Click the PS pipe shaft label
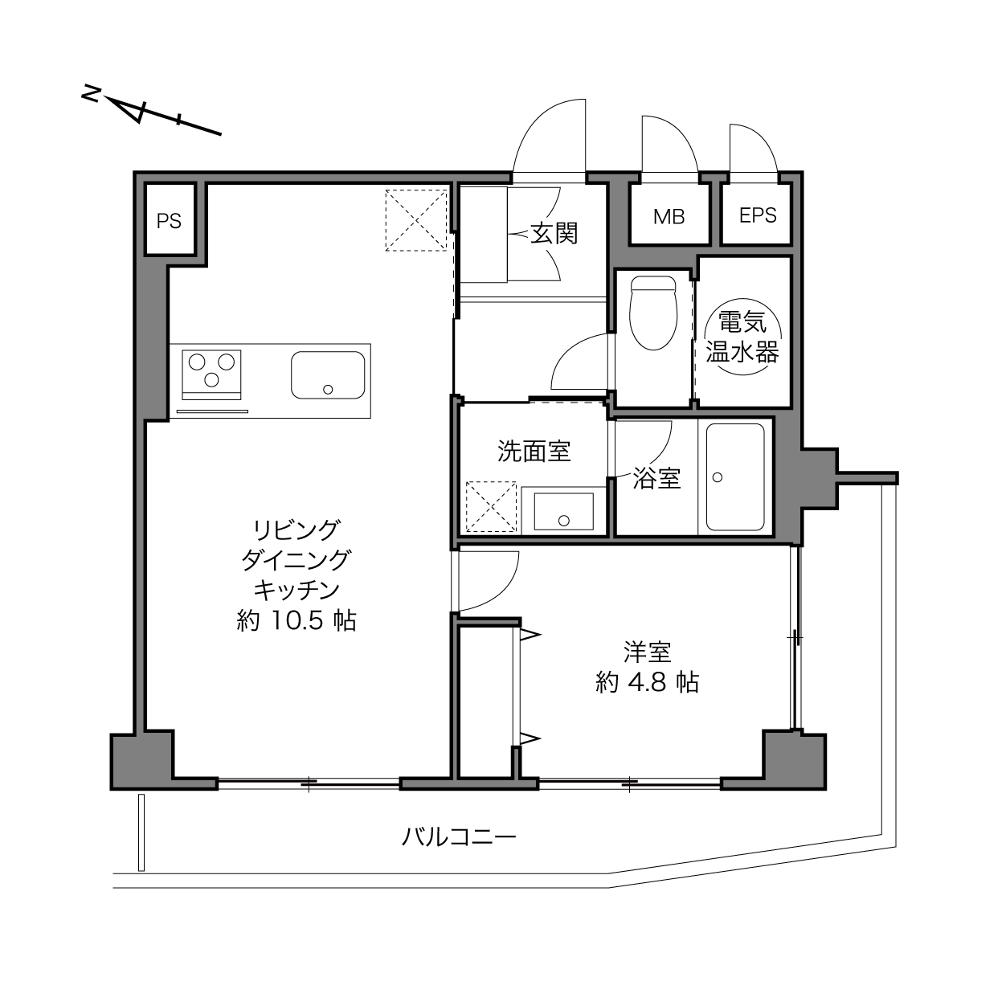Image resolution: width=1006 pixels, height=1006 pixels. tap(169, 221)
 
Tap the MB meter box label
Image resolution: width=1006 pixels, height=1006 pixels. tap(669, 217)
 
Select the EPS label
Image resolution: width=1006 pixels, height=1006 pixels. tap(758, 215)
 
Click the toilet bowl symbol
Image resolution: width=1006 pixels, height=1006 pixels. tap(653, 313)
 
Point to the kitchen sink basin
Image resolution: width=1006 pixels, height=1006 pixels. tap(328, 375)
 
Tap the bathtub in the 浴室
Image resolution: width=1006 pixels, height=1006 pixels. tap(735, 477)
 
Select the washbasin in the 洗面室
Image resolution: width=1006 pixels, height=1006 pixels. tap(564, 512)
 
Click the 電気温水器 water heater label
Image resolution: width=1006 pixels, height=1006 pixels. tap(743, 337)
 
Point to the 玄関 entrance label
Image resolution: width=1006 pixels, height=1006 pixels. tap(554, 233)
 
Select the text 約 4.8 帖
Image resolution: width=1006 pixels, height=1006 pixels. tap(647, 682)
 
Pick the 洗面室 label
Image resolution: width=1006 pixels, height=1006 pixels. tap(534, 451)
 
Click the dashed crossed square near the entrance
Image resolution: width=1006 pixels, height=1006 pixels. tap(416, 220)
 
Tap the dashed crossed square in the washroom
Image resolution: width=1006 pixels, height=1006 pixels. tap(491, 507)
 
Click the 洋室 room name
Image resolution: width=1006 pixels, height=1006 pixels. tap(648, 652)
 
